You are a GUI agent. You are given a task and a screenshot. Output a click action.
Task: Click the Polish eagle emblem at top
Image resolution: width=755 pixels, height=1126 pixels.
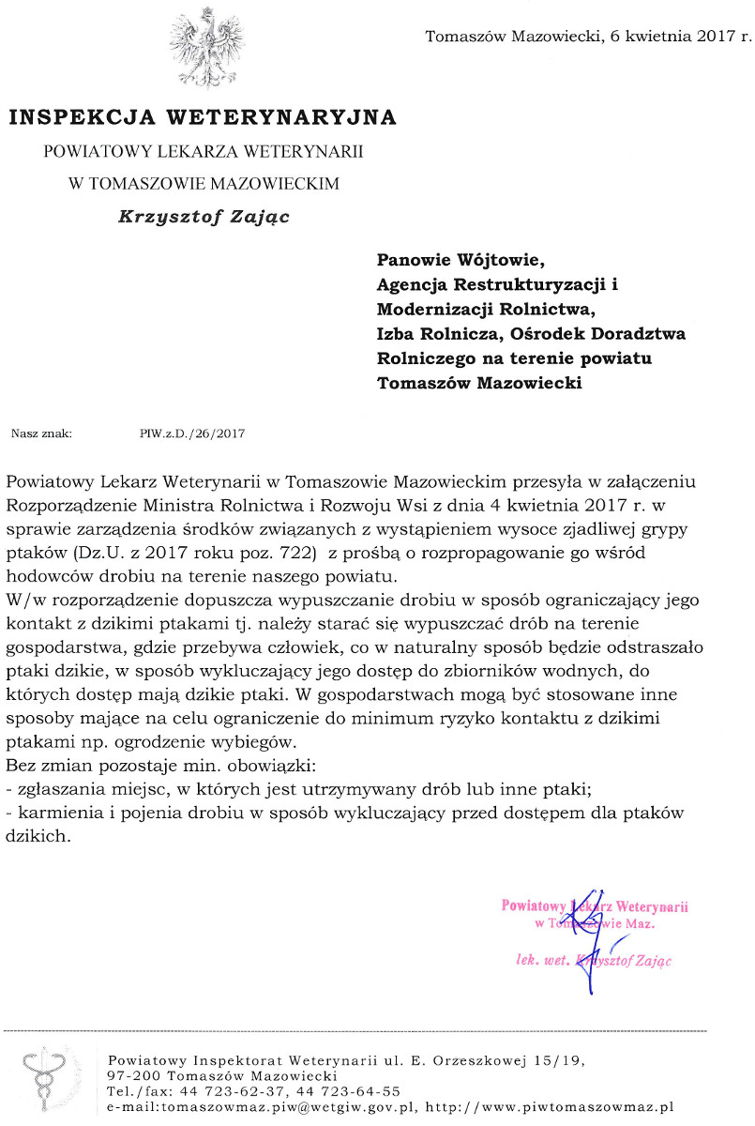pos(204,46)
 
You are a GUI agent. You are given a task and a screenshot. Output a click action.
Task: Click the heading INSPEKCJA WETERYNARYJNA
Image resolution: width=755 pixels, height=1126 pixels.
pos(203,118)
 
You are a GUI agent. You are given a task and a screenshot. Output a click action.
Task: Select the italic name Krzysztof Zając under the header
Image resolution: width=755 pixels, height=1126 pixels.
pos(203,216)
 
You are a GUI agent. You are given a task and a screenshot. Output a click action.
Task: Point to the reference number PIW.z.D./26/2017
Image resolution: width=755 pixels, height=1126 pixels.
pos(191,434)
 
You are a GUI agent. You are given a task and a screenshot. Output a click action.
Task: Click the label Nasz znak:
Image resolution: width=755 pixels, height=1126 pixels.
pos(41,434)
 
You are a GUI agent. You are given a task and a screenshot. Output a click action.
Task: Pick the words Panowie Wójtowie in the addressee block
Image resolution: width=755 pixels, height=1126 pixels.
pos(460,260)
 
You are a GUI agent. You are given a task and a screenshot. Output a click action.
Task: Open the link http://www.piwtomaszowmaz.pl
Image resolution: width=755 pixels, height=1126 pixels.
pos(549,1107)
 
